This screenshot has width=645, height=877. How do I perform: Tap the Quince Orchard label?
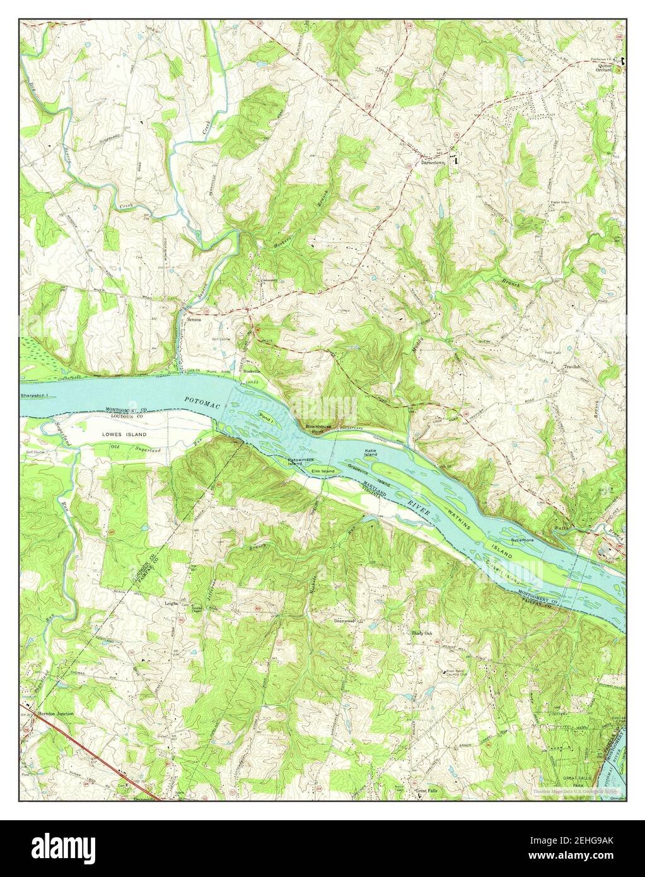point(601,68)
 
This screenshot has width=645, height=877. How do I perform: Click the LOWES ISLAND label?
point(125,435)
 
